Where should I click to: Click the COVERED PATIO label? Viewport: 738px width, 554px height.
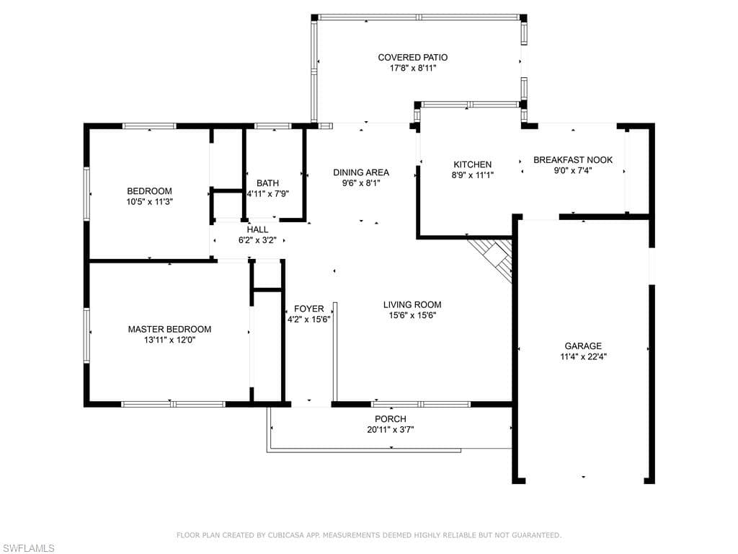coord(413,58)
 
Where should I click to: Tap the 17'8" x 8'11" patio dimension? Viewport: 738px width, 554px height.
coord(413,69)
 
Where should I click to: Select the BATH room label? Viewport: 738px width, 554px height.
coord(268,183)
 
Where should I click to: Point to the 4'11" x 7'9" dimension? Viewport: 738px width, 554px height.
coord(268,193)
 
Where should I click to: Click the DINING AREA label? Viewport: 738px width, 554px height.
coord(361,172)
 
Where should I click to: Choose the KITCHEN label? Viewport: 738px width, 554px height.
coord(473,164)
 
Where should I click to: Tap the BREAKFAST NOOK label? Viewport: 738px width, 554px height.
coord(573,159)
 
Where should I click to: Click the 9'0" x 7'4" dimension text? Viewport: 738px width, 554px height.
coord(573,170)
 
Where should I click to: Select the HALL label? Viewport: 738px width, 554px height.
coord(257,229)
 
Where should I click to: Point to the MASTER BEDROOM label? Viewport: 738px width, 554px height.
coord(169,329)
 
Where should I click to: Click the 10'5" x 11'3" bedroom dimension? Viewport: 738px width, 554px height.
coord(150,202)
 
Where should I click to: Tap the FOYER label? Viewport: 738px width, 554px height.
coord(308,309)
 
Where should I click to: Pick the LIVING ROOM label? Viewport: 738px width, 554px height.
coord(412,305)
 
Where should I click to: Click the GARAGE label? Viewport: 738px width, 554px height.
coord(583,346)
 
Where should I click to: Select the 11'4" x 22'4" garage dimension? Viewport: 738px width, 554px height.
coord(583,356)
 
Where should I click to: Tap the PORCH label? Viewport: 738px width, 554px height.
coord(391,419)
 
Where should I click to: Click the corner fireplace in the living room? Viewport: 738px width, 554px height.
coord(492,258)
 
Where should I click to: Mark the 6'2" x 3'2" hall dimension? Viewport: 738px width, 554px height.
coord(257,240)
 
